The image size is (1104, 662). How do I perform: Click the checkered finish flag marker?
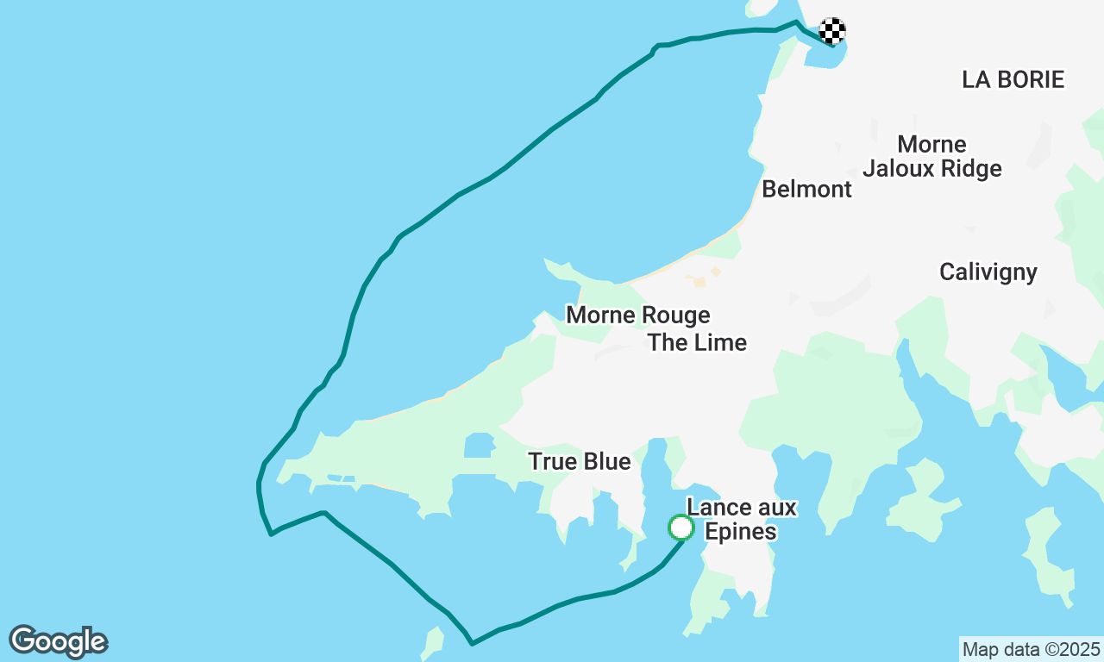(x=832, y=31)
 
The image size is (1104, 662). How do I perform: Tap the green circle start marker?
(x=681, y=527)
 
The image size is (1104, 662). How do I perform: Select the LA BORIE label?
(x=1013, y=79)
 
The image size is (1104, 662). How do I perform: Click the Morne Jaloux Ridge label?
(x=931, y=156)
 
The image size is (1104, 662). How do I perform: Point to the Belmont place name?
(x=806, y=189)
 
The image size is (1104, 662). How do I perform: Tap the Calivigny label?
(x=988, y=272)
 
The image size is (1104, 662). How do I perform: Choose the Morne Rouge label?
(x=637, y=315)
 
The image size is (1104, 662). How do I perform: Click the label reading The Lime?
(x=697, y=342)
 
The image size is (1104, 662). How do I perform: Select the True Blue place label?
(x=580, y=462)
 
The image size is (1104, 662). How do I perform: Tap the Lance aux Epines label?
(x=741, y=519)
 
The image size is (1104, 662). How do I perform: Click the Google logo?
(x=58, y=641)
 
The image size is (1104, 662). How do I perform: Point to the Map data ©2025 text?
(x=1031, y=649)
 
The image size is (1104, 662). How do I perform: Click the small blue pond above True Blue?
(x=478, y=445)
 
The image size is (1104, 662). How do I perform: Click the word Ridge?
(x=968, y=168)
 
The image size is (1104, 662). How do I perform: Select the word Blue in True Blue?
(x=606, y=462)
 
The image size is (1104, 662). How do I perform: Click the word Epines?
(x=741, y=531)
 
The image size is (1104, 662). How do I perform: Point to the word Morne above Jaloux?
(x=931, y=144)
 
